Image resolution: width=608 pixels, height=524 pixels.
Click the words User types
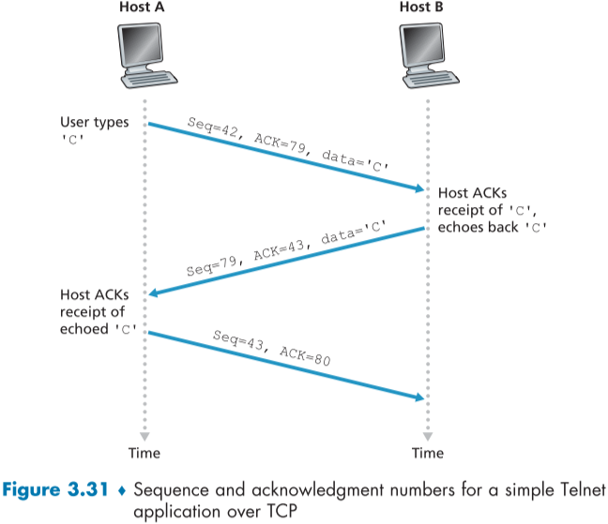[x=94, y=122]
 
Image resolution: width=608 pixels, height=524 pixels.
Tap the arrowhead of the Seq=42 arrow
[x=419, y=189]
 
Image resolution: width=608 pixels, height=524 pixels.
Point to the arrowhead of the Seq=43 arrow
[x=419, y=398]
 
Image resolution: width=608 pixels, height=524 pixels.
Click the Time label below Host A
[x=144, y=453]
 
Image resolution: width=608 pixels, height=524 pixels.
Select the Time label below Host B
[x=427, y=453]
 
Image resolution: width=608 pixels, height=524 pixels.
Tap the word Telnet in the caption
[x=574, y=489]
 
